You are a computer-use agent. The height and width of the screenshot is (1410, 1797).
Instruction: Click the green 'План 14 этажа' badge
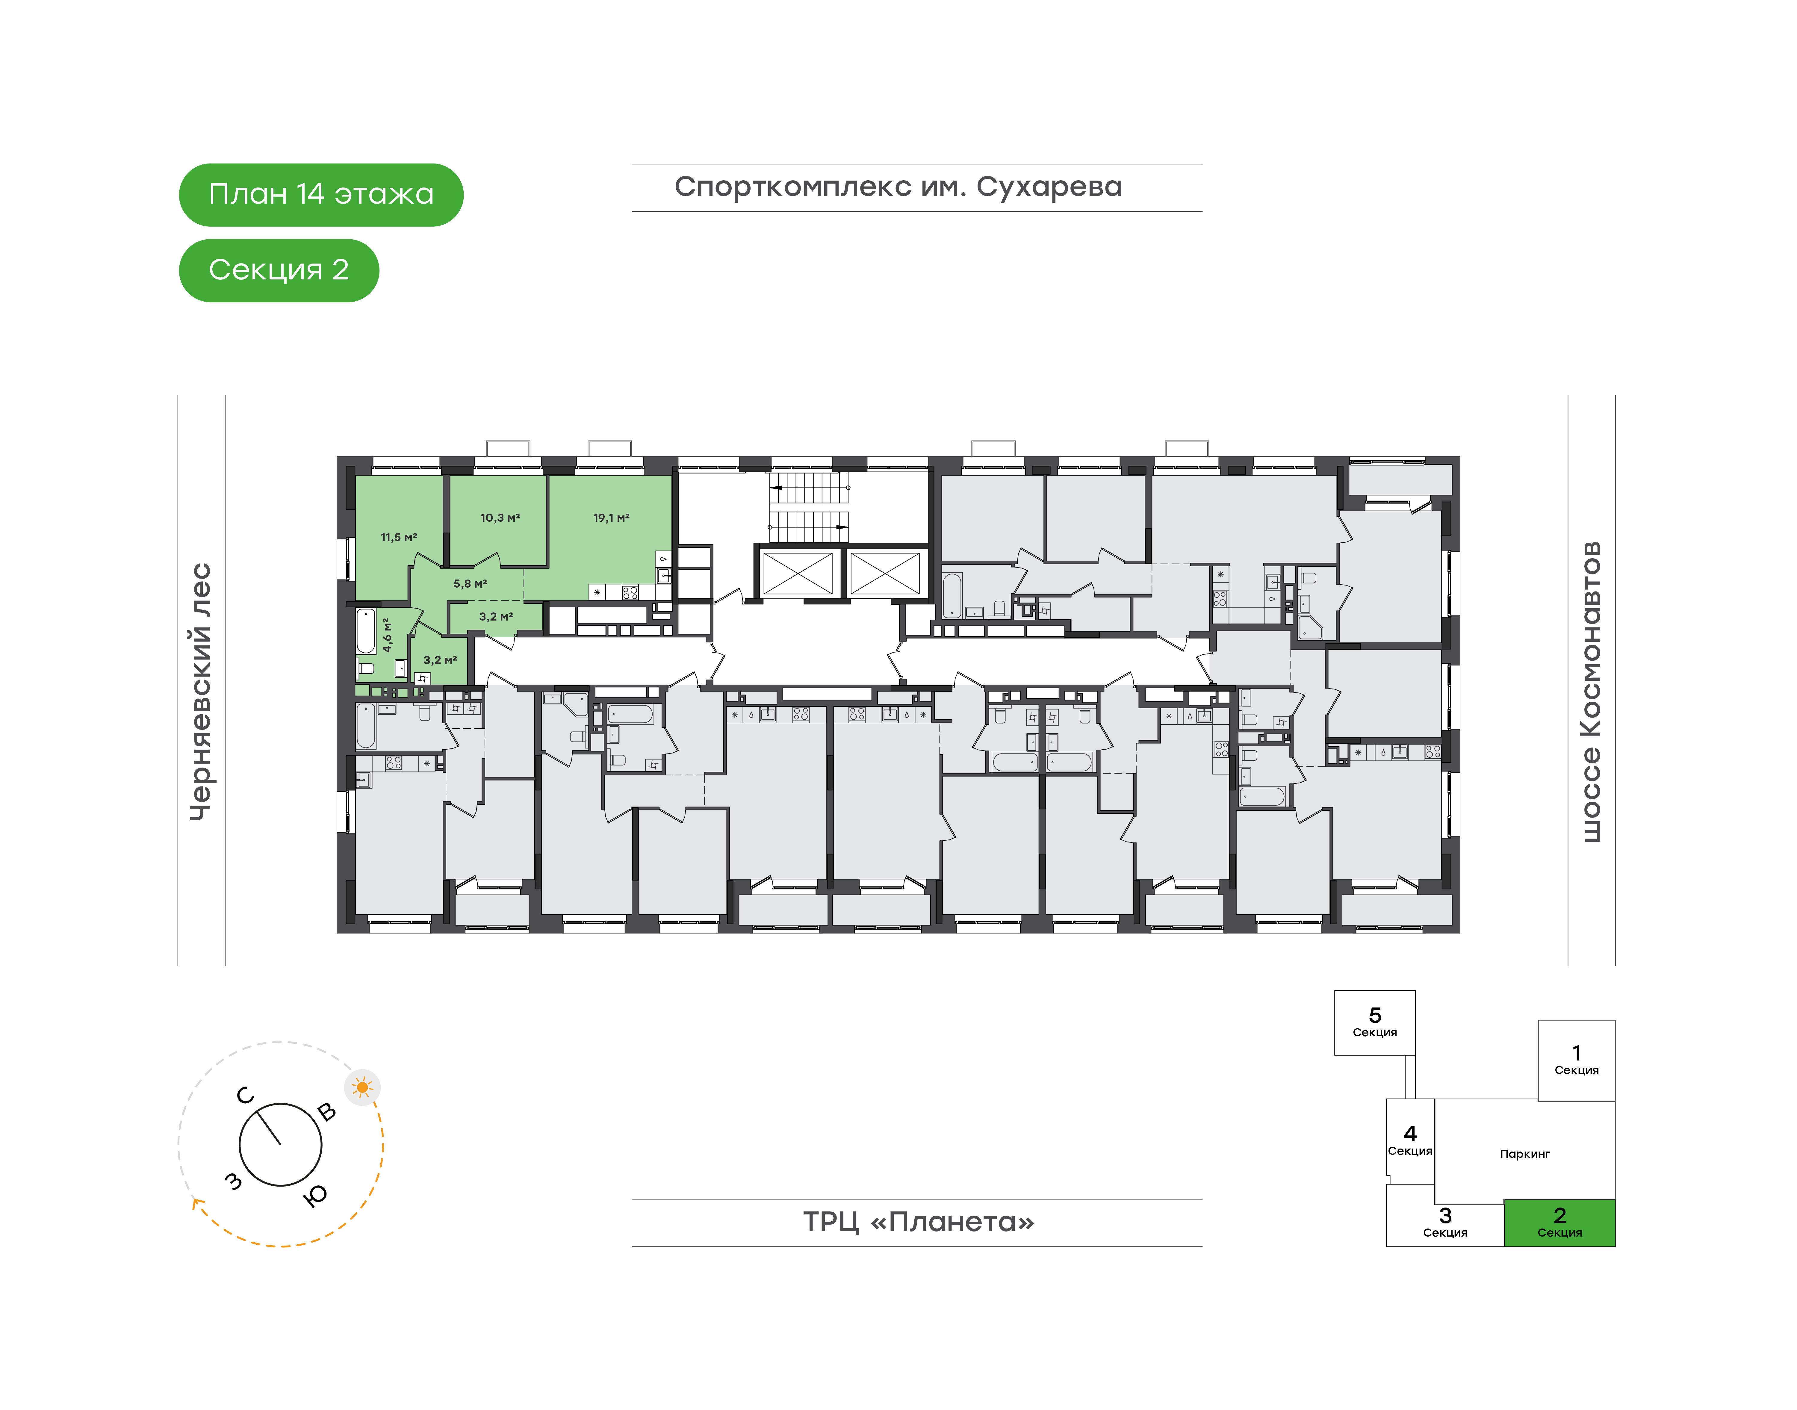click(x=321, y=195)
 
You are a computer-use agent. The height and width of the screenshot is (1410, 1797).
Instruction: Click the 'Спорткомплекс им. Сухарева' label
click(x=898, y=187)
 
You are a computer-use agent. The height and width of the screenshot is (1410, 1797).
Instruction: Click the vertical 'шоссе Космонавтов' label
click(x=1591, y=692)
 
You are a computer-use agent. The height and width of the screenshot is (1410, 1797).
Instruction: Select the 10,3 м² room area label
click(x=500, y=518)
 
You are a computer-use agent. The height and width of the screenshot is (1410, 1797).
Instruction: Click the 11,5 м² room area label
click(x=399, y=537)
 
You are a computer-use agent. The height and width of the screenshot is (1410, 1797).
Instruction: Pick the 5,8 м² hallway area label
click(x=470, y=584)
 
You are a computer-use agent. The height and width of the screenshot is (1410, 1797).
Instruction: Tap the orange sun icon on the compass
click(x=362, y=1087)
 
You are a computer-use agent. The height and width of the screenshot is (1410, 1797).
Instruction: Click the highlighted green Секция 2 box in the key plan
click(x=1559, y=1223)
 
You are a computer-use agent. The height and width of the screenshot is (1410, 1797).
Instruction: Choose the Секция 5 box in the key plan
click(x=1374, y=1023)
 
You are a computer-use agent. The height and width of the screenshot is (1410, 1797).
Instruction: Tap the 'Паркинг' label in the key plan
click(x=1524, y=1154)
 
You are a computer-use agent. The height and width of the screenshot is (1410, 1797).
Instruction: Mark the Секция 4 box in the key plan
click(x=1410, y=1141)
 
